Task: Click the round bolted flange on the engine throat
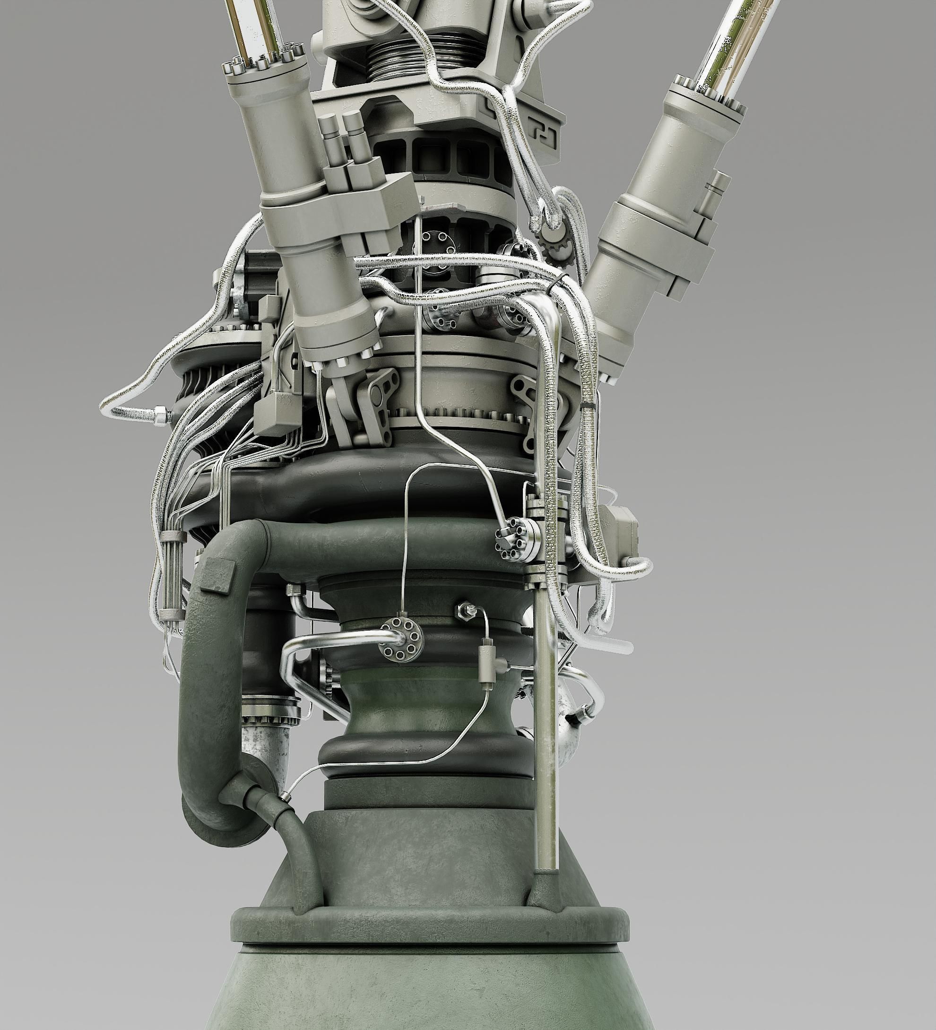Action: point(401,639)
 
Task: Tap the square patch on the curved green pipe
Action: point(216,574)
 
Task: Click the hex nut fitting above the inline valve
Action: point(463,610)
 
